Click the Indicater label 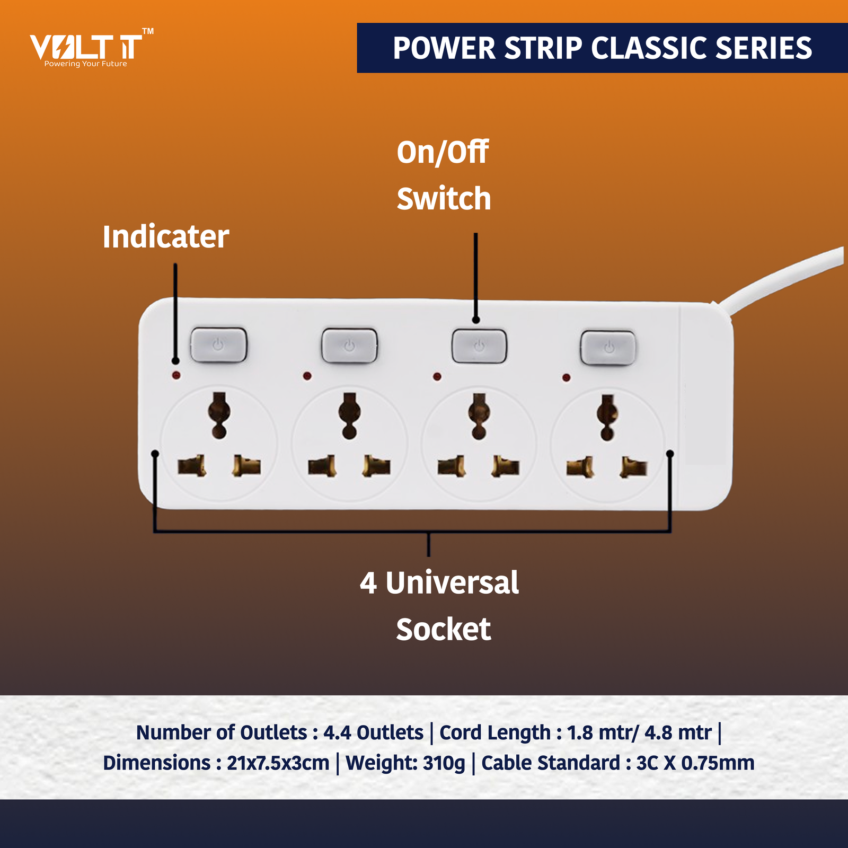(x=165, y=236)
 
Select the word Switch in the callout (x=444, y=199)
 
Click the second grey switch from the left (x=349, y=346)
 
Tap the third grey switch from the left (x=479, y=346)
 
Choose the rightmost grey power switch (x=608, y=348)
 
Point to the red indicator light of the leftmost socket (x=176, y=375)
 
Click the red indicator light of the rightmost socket (x=566, y=377)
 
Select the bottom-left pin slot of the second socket (x=322, y=466)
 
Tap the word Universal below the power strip (x=452, y=583)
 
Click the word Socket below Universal (x=443, y=630)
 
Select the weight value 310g (x=444, y=763)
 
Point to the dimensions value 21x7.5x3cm (x=278, y=763)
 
